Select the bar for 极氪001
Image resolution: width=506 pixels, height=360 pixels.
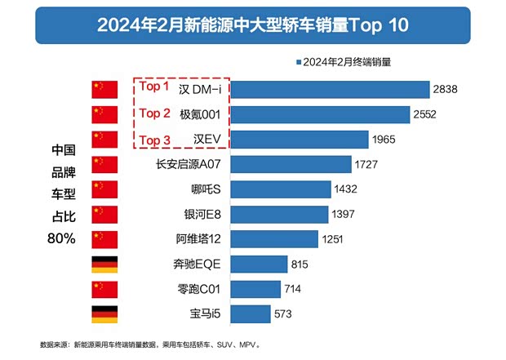pyautogui.click(x=323, y=115)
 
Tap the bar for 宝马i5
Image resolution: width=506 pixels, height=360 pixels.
pyautogui.click(x=254, y=314)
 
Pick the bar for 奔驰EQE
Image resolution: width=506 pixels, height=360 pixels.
pyautogui.click(x=262, y=264)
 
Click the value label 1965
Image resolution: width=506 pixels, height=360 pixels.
pyautogui.click(x=383, y=140)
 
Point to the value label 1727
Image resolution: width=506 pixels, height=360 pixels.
pyautogui.click(x=367, y=165)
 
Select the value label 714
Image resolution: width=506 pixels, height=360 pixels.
pyautogui.click(x=293, y=290)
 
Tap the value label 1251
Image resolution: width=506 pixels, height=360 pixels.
pyautogui.click(x=332, y=240)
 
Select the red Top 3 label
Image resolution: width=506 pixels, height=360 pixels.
pyautogui.click(x=153, y=140)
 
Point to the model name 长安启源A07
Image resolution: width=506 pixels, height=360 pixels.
pyautogui.click(x=189, y=165)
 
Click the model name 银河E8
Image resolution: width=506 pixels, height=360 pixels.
pyautogui.click(x=203, y=215)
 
